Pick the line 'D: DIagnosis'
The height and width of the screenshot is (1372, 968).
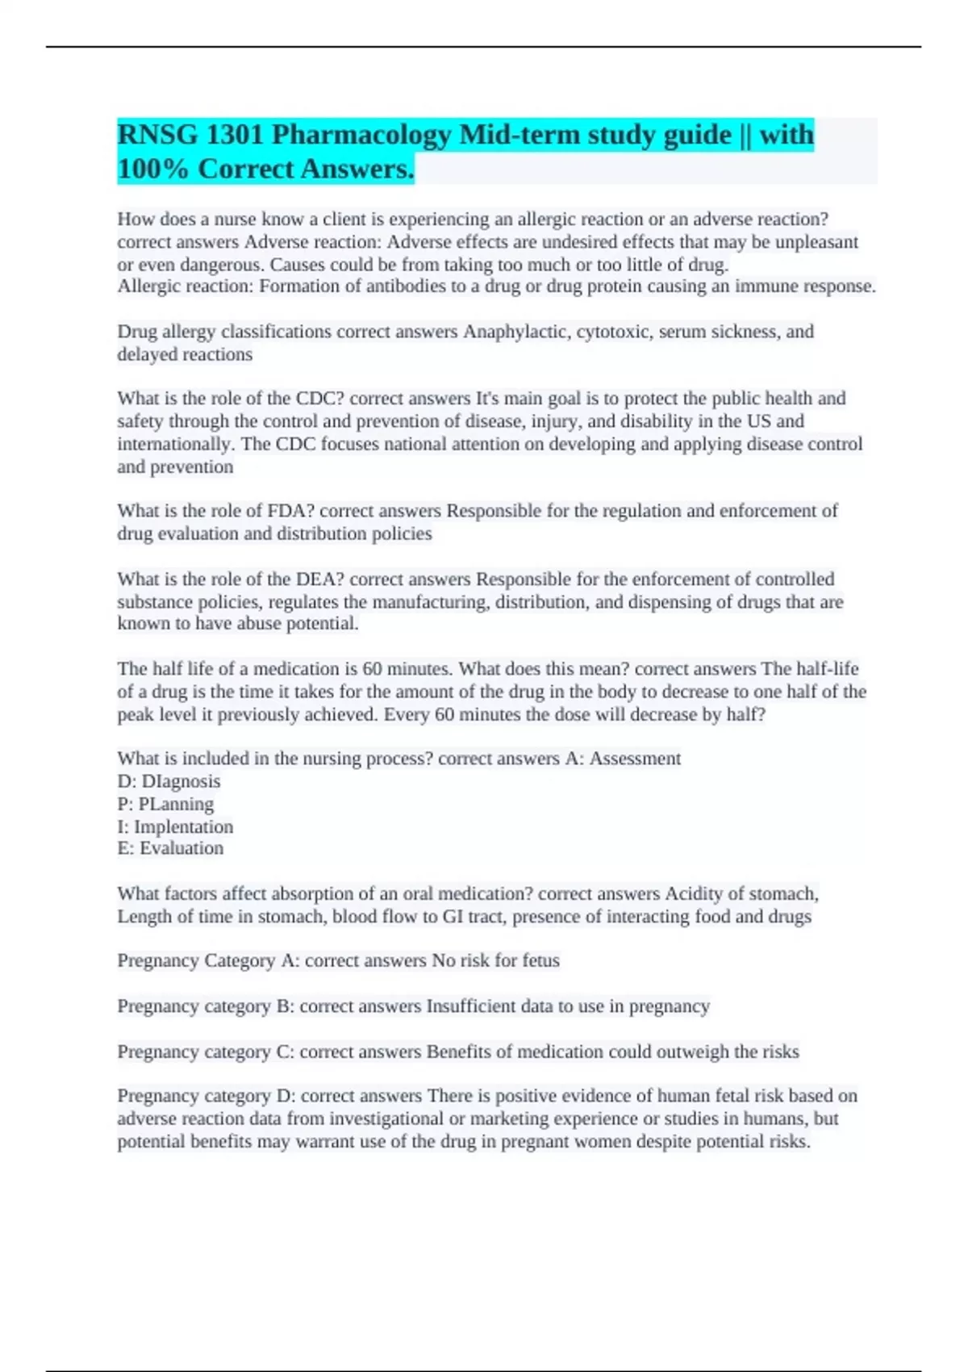(x=169, y=781)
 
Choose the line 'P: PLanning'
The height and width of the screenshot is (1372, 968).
(x=165, y=804)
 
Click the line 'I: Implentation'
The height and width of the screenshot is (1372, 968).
(x=175, y=826)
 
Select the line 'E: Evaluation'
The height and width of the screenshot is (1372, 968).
(x=170, y=848)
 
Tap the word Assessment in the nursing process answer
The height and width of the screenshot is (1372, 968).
(x=635, y=759)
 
